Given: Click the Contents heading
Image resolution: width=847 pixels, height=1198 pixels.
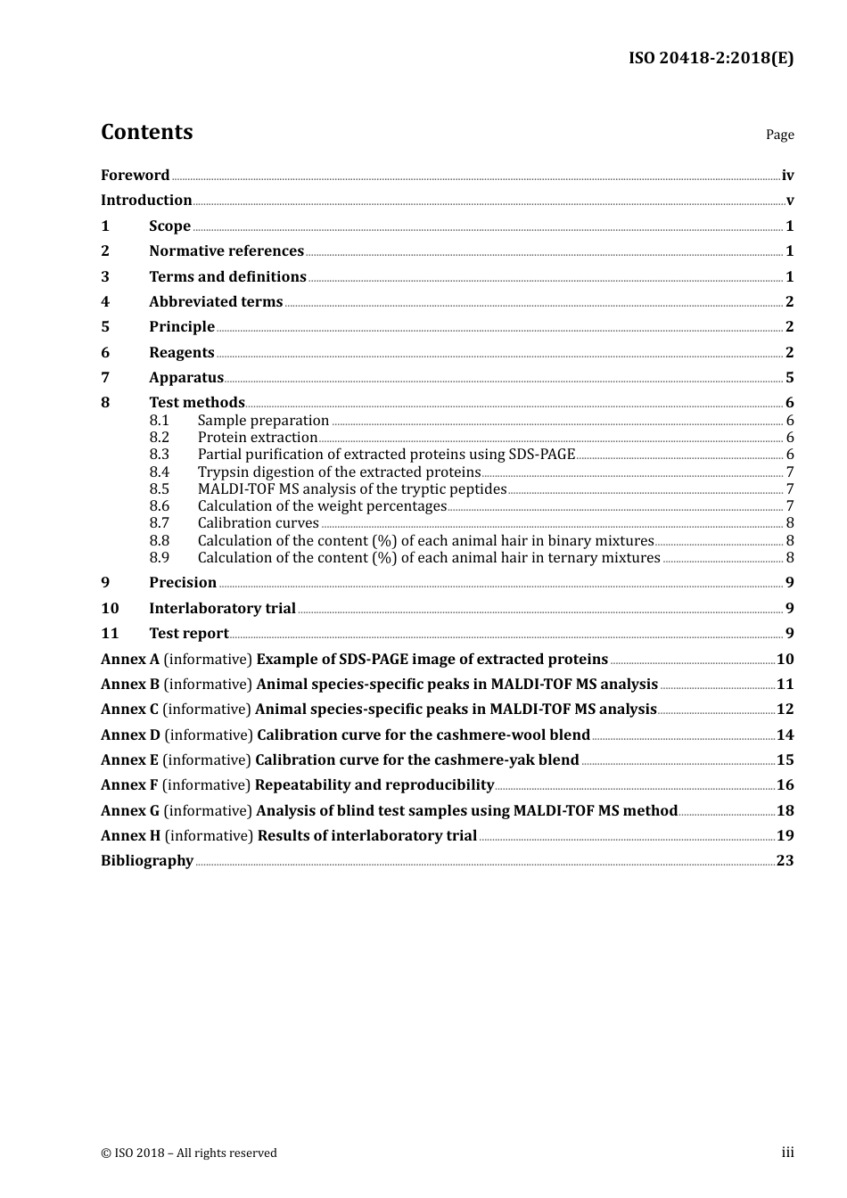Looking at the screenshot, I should tap(146, 132).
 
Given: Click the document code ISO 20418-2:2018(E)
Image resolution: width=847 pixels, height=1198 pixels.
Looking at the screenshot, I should tap(711, 58).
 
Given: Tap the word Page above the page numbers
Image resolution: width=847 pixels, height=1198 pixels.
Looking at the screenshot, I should tap(779, 135).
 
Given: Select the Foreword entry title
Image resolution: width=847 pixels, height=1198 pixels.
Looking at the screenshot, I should tap(135, 176).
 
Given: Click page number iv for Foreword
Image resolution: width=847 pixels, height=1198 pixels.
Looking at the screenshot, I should tap(787, 176).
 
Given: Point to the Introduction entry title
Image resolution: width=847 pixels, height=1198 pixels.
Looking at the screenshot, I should tap(146, 201).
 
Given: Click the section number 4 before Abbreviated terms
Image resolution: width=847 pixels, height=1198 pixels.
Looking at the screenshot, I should tap(105, 302).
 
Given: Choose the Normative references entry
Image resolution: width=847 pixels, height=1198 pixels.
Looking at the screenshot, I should tap(226, 251).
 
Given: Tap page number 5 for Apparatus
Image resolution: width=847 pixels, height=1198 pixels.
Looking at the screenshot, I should tap(789, 378).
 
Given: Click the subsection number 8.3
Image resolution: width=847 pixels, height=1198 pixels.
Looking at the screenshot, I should tap(159, 455).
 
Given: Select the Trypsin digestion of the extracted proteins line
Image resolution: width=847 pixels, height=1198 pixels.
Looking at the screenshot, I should tap(339, 472).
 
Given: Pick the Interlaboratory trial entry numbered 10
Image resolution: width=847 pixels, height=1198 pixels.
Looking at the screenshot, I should tap(222, 609).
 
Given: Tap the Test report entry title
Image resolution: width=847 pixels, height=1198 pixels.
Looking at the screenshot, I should tap(188, 634).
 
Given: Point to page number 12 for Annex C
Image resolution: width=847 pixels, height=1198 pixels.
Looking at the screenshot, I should tap(785, 710).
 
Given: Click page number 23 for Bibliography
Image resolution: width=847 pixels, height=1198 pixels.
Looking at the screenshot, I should tap(785, 861).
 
